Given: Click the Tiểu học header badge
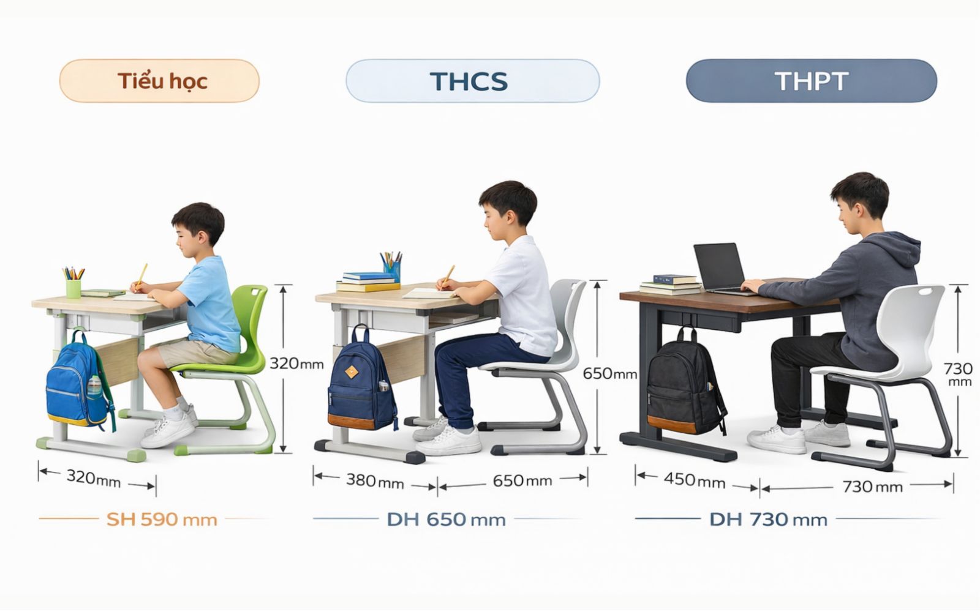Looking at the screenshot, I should (159, 81).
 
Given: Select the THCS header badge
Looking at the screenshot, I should (472, 81).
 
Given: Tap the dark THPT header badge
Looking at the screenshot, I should (811, 81).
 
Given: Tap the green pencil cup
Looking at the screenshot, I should (73, 288).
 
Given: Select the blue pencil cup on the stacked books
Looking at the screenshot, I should (392, 269).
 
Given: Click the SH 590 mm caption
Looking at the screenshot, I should (162, 520).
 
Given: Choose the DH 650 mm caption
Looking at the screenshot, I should (446, 520).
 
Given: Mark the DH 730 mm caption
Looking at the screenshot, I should (768, 520).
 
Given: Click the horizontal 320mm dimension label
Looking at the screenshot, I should (93, 477).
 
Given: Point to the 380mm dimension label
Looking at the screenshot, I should (375, 481).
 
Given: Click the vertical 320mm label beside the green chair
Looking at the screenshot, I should (296, 364).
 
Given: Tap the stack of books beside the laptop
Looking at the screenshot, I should (669, 284).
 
